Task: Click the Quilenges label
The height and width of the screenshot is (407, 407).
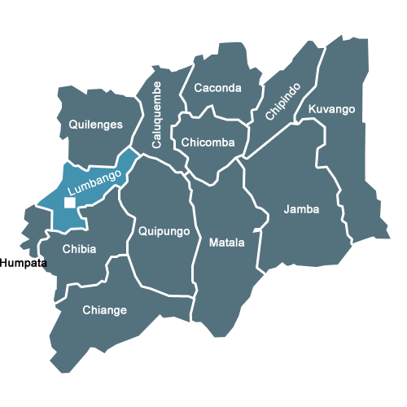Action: coord(96,125)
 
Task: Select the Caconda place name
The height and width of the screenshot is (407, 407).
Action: coord(217,88)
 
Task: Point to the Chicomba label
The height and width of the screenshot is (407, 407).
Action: coord(208,142)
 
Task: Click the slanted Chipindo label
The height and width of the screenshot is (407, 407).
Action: coord(282,101)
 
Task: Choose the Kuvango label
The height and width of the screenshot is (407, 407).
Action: coord(331,109)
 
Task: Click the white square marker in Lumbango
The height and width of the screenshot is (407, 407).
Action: coord(71,202)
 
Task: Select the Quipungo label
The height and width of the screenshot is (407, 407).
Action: coord(164,231)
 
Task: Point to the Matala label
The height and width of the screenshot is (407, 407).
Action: coord(226,243)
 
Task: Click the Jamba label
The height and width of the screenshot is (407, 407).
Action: coord(301,209)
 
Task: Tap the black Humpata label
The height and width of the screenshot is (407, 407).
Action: coord(24,263)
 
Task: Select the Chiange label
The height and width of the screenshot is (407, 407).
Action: coord(104,309)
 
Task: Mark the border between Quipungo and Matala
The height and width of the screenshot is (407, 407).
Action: coord(193,244)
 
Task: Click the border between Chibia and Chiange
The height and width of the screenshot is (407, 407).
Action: coord(90,282)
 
